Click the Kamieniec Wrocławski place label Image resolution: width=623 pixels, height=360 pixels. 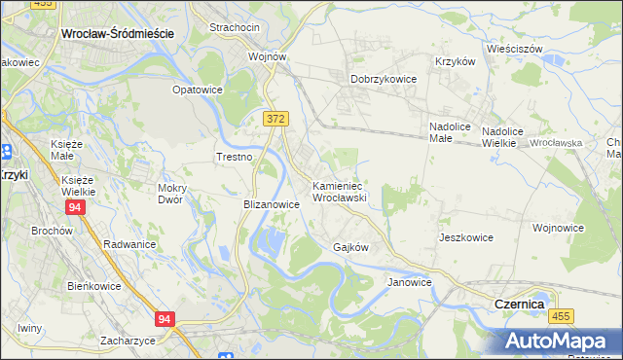(x=338, y=191)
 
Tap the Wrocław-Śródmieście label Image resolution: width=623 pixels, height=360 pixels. (x=117, y=32)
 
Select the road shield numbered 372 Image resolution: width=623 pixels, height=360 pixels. (x=275, y=118)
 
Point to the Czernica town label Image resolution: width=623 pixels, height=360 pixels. (x=513, y=305)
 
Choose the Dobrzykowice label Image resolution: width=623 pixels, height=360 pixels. (x=384, y=79)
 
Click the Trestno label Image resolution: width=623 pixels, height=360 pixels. (x=235, y=157)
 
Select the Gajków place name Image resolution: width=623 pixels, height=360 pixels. (x=350, y=247)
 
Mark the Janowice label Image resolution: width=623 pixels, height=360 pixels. (x=409, y=282)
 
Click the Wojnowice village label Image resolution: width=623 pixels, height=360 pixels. (x=558, y=228)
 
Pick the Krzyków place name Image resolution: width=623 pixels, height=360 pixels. (x=455, y=60)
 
